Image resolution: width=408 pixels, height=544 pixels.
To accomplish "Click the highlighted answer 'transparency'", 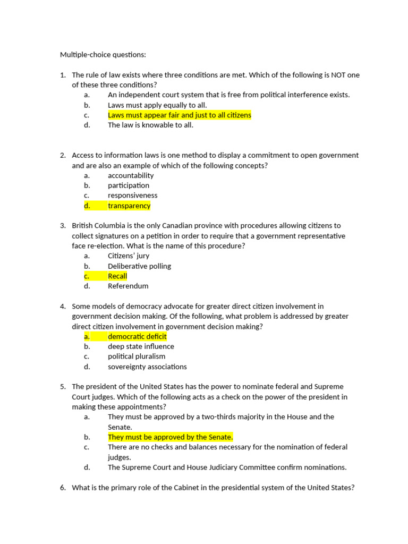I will [x=129, y=206].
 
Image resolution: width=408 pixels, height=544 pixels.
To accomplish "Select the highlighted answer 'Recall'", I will [x=117, y=276].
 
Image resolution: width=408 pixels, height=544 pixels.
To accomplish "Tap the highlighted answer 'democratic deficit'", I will [x=137, y=336].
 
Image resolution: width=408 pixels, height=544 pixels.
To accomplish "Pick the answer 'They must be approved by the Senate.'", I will [x=171, y=437].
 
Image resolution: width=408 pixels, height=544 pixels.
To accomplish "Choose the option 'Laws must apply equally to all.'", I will [x=157, y=105].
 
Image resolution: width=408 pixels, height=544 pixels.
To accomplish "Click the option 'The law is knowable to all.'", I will [x=150, y=125].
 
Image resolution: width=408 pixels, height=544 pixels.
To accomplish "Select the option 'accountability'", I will [x=131, y=175].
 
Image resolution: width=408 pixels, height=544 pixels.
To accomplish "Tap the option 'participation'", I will [x=129, y=185].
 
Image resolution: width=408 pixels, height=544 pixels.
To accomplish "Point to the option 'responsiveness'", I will [x=133, y=195].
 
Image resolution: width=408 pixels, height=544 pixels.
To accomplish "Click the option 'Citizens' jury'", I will [x=129, y=256].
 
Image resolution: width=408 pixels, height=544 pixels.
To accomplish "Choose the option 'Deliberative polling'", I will [x=139, y=266].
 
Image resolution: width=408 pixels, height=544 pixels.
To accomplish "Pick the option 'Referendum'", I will [x=128, y=286].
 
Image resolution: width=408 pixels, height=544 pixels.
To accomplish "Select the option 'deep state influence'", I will [x=141, y=346].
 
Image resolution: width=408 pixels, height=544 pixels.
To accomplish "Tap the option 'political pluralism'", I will [x=137, y=356].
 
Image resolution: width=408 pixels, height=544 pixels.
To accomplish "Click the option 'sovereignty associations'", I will [x=147, y=367].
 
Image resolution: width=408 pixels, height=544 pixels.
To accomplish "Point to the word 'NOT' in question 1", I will [x=339, y=75].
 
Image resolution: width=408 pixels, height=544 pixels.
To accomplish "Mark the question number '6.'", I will [x=63, y=488].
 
